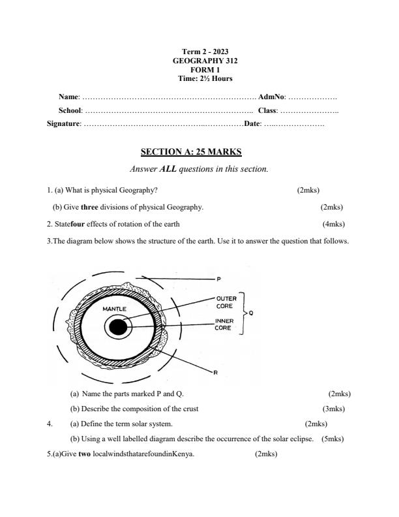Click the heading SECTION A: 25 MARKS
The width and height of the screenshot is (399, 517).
(191, 152)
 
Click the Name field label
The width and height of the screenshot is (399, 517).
(68, 97)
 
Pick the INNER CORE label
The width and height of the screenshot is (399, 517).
(224, 324)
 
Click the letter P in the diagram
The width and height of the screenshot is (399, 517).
(218, 279)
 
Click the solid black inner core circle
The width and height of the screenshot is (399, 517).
(117, 327)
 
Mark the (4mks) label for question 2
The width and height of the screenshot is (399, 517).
(333, 224)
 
